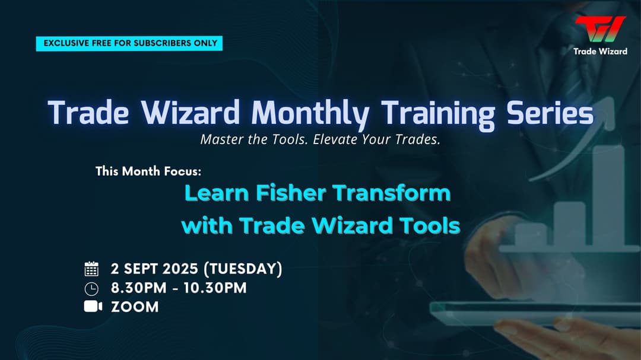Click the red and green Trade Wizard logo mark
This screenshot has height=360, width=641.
click(600, 28)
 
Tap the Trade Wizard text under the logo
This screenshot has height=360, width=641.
click(600, 52)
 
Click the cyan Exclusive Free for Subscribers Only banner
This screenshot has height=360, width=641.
click(129, 43)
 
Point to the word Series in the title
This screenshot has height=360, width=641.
click(550, 113)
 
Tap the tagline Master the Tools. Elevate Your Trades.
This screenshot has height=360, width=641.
click(320, 140)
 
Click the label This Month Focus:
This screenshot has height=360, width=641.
click(148, 171)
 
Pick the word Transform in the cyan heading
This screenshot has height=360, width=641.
click(392, 193)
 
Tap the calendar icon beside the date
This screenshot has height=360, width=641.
click(91, 269)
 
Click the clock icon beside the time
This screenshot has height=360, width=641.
click(91, 289)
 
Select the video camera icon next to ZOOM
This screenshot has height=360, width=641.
click(93, 307)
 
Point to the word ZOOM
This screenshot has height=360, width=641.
click(135, 307)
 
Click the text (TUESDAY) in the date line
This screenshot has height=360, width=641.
click(243, 269)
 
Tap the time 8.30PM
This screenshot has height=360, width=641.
click(138, 288)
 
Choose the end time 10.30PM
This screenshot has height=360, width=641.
click(215, 288)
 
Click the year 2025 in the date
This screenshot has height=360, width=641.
click(180, 269)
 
